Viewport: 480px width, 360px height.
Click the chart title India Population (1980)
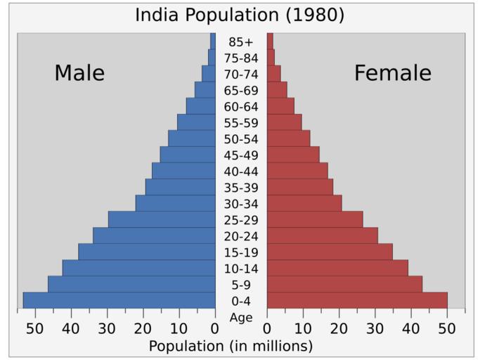click(240, 15)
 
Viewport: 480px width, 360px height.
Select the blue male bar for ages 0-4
click(119, 300)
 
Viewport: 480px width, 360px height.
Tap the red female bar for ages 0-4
click(357, 300)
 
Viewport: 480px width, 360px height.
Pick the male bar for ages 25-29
click(162, 219)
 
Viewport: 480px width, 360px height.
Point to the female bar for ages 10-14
click(337, 268)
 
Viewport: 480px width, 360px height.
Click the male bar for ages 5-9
click(131, 284)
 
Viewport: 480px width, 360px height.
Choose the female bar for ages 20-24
click(322, 236)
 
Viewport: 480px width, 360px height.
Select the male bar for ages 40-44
click(183, 171)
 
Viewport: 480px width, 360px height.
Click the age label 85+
click(240, 42)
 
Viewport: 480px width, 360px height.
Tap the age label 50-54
click(240, 139)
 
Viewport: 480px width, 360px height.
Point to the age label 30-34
click(240, 204)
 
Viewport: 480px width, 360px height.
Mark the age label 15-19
click(240, 252)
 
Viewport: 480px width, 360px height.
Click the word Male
click(79, 73)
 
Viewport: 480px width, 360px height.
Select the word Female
click(392, 73)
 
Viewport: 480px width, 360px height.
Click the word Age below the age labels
click(240, 318)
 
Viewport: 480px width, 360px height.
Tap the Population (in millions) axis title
click(231, 346)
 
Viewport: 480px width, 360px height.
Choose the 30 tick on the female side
click(375, 328)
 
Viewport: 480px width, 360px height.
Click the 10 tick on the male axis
click(179, 328)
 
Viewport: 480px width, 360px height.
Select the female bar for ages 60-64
click(280, 106)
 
